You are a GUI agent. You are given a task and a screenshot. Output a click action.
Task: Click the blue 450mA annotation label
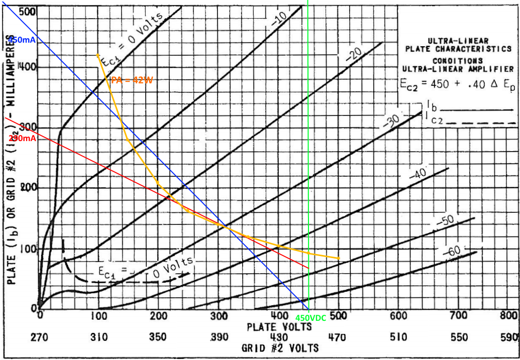[x=21, y=40]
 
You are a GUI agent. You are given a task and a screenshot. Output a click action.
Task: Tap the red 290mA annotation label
[x=21, y=139]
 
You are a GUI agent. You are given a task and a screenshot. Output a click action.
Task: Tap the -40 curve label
[x=418, y=175]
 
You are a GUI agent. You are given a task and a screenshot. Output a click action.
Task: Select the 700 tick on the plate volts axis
[x=458, y=317]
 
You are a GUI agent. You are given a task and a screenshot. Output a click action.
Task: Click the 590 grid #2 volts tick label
[x=509, y=337]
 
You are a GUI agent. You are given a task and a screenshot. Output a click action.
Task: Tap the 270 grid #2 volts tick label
[x=39, y=337]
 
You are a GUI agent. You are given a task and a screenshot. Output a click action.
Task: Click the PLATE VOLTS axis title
[x=279, y=327]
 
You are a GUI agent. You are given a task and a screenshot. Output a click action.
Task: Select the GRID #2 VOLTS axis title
[x=280, y=348]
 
